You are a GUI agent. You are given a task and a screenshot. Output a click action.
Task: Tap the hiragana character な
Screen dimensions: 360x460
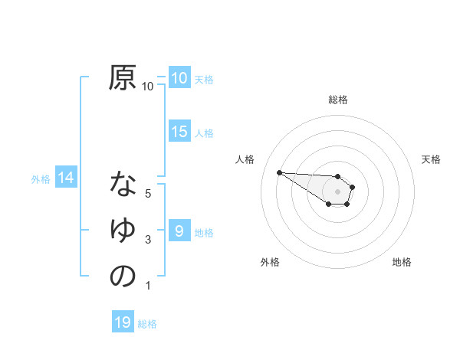pyautogui.click(x=123, y=185)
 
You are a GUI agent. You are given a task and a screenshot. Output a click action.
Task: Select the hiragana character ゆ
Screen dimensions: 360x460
pyautogui.click(x=123, y=231)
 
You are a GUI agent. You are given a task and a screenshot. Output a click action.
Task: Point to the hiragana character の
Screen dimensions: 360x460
pyautogui.click(x=123, y=276)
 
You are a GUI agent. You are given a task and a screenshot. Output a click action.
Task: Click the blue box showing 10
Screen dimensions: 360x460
pyautogui.click(x=179, y=78)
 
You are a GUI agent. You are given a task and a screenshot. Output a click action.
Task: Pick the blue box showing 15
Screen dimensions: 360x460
pyautogui.click(x=179, y=132)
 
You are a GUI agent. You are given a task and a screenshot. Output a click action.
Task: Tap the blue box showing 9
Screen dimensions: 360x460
pyautogui.click(x=179, y=231)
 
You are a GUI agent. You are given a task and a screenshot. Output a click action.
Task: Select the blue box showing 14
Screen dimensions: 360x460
pyautogui.click(x=65, y=178)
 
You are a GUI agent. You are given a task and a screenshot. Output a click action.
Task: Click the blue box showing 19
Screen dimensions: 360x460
pyautogui.click(x=122, y=322)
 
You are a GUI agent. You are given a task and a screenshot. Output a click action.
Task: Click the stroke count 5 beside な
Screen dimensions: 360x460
pyautogui.click(x=148, y=194)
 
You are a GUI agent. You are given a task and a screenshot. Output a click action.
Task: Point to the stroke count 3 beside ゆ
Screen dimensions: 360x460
pyautogui.click(x=148, y=241)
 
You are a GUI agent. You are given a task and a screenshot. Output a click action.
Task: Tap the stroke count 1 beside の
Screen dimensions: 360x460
pyautogui.click(x=148, y=286)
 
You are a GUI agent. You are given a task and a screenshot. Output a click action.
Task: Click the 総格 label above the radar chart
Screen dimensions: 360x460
pyautogui.click(x=338, y=100)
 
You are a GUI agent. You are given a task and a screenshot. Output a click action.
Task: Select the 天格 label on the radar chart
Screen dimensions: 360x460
pyautogui.click(x=432, y=159)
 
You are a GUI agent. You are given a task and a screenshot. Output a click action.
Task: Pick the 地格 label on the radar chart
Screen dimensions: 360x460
pyautogui.click(x=402, y=262)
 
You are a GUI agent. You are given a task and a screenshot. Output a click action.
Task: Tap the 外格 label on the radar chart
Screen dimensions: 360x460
pyautogui.click(x=270, y=262)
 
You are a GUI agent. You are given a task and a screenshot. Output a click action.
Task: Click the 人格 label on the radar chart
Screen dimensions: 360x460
pyautogui.click(x=245, y=159)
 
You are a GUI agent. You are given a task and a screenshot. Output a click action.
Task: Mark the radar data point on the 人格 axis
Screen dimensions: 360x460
pyautogui.click(x=279, y=172)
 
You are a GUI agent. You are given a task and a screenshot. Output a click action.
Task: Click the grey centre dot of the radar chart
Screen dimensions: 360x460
pyautogui.click(x=338, y=191)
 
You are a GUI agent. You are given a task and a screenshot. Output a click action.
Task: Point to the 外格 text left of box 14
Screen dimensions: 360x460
pyautogui.click(x=41, y=179)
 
